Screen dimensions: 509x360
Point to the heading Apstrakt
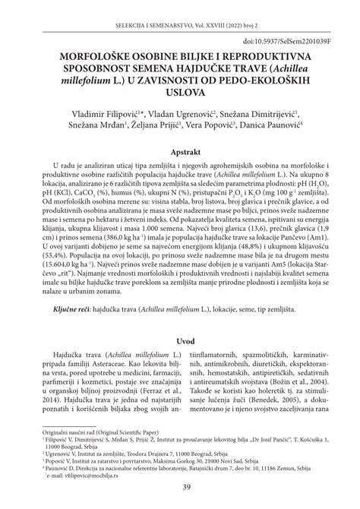(x=179, y=151)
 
